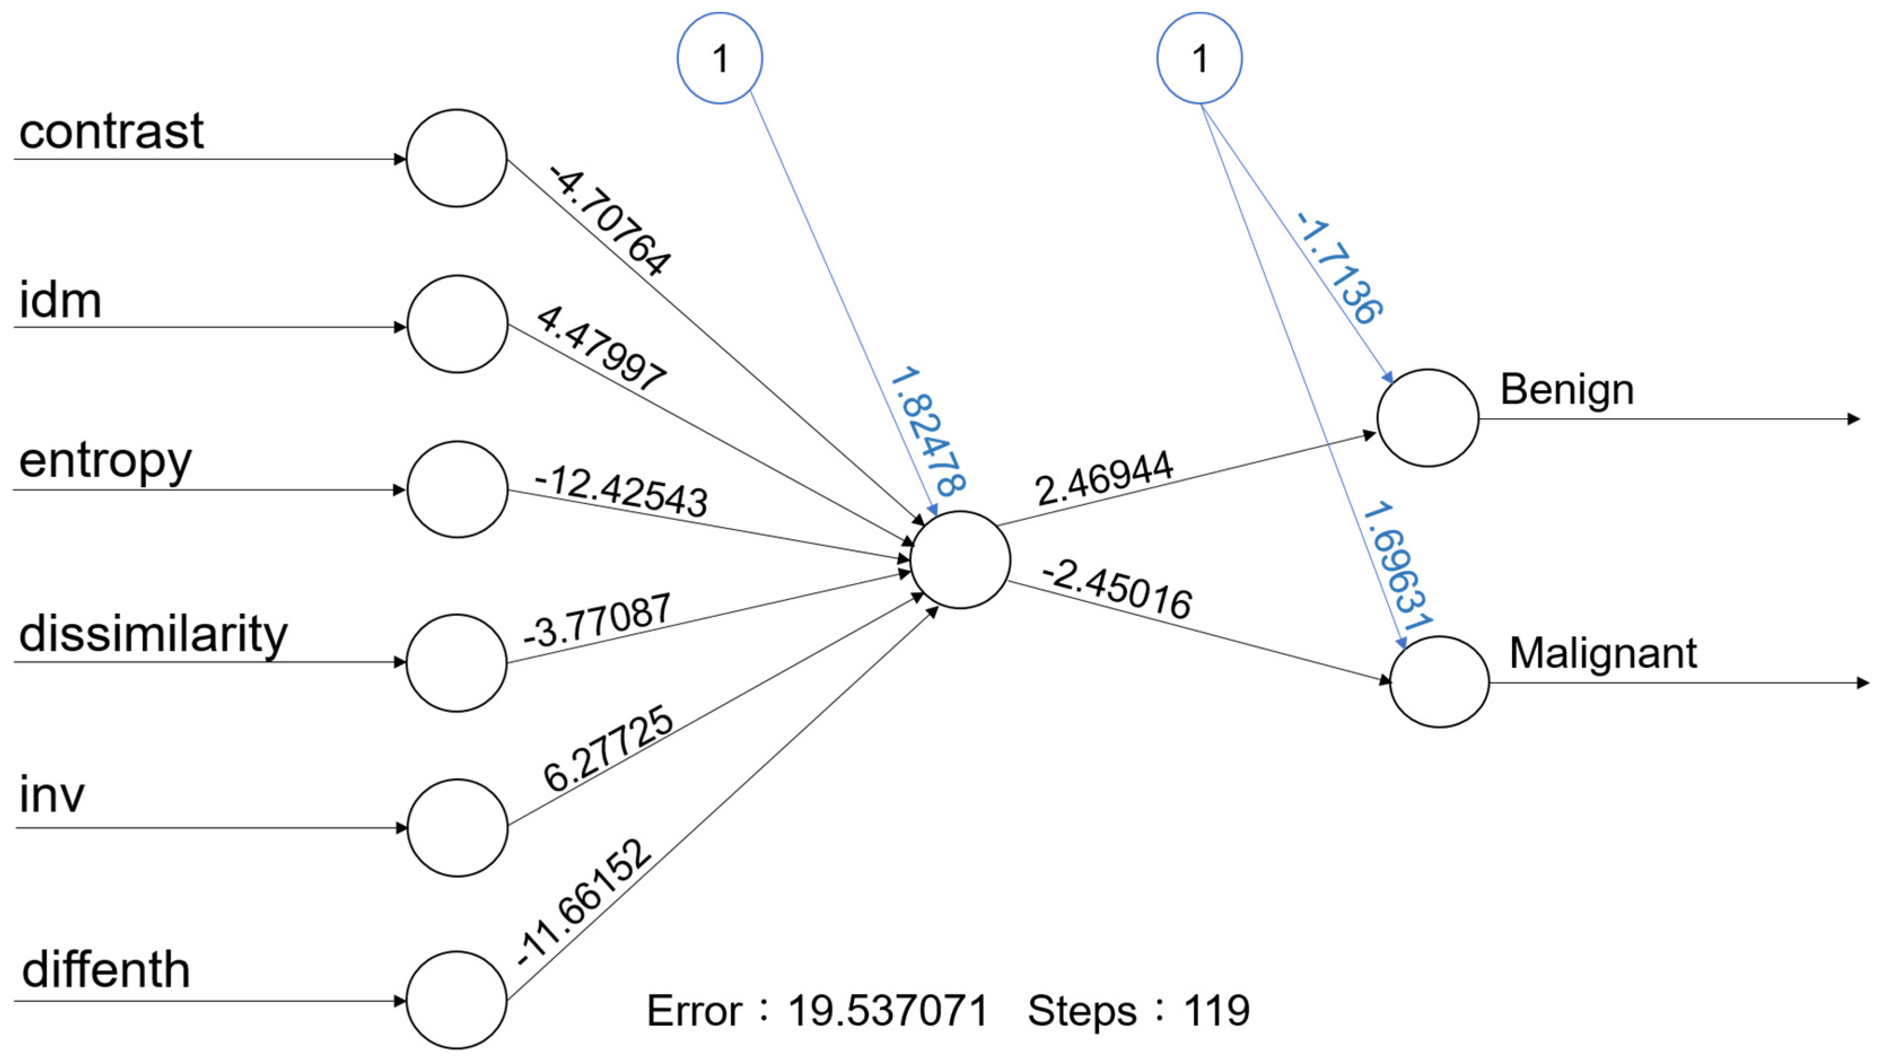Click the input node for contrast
pyautogui.click(x=456, y=158)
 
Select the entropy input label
pyautogui.click(x=105, y=461)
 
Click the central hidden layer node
pyautogui.click(x=960, y=559)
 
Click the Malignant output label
pyautogui.click(x=1602, y=653)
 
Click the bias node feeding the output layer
pyautogui.click(x=1199, y=58)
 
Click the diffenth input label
pyautogui.click(x=106, y=970)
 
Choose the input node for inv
pyautogui.click(x=457, y=827)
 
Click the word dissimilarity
pyautogui.click(x=153, y=634)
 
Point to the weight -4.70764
pyautogui.click(x=610, y=220)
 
